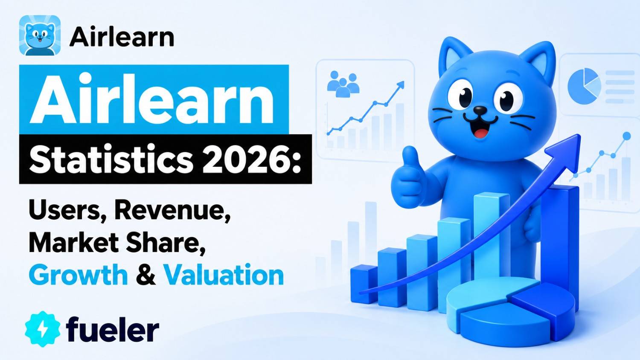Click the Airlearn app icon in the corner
pos(40,35)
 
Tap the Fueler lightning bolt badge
pos(43,329)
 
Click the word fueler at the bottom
pos(112,328)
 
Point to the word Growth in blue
pos(78,275)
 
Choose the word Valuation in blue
pos(224,275)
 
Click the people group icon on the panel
pos(343,84)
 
